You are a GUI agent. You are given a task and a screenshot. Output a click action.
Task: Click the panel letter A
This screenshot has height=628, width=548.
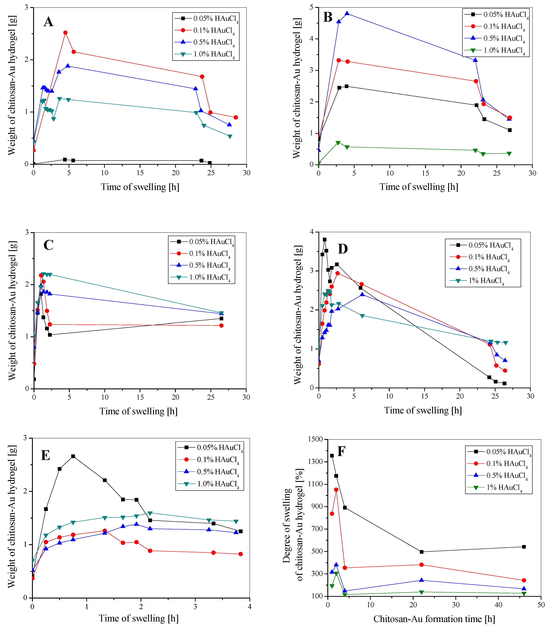[48, 22]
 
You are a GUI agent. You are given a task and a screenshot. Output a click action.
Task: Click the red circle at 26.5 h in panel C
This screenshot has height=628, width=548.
[221, 326]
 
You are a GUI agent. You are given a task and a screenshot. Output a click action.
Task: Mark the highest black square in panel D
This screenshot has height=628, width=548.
[324, 240]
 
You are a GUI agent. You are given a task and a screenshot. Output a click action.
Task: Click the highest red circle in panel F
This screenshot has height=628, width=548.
[336, 489]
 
